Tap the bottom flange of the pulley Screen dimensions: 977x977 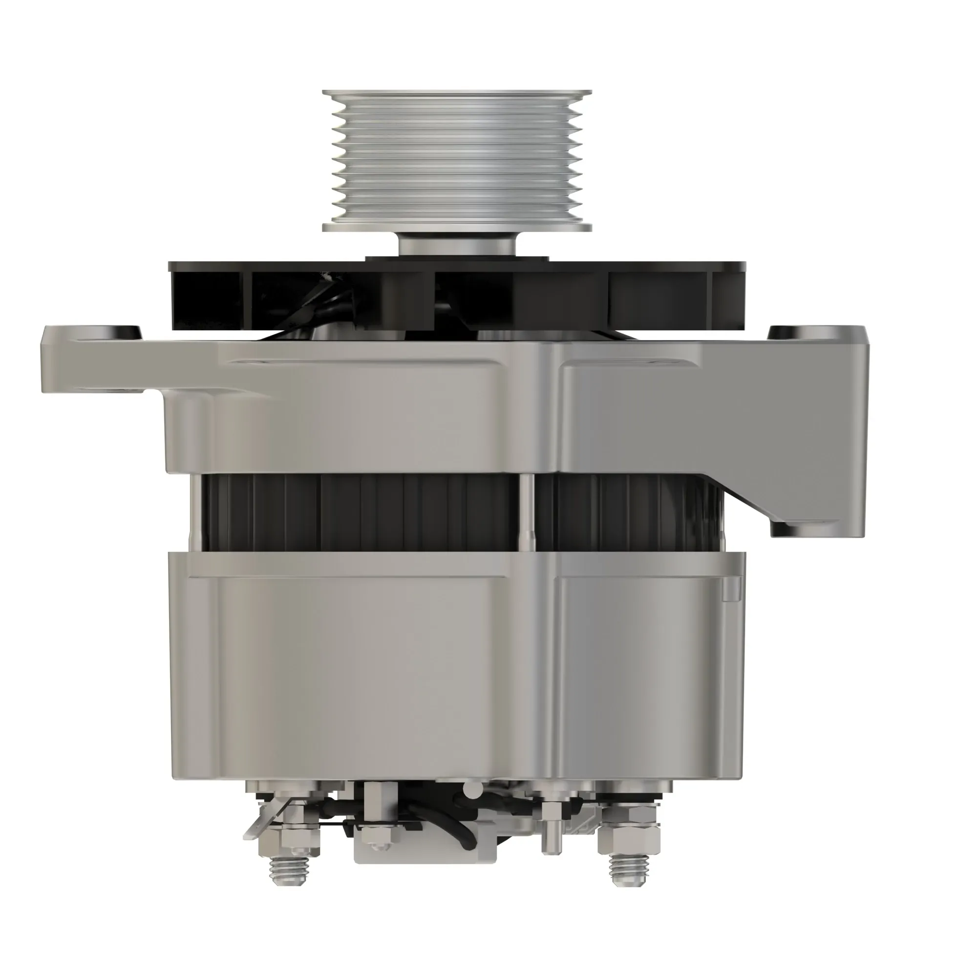click(457, 227)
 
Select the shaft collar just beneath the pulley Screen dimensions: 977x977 click(457, 245)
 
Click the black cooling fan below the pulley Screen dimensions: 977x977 click(658, 296)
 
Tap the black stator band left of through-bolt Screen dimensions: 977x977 click(354, 511)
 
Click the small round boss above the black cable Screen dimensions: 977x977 click(473, 788)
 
